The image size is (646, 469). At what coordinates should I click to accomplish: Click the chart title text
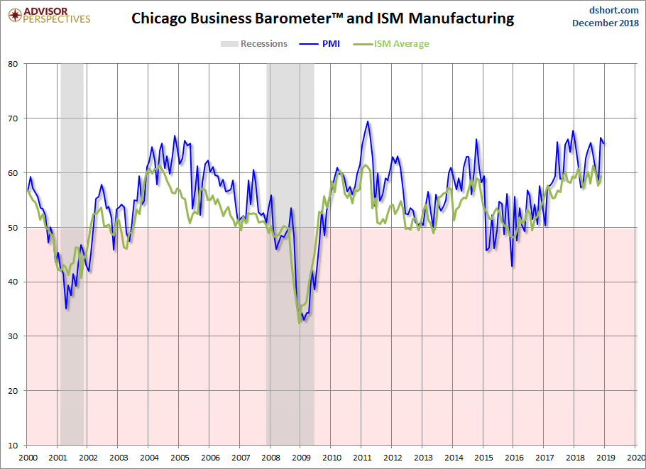click(322, 19)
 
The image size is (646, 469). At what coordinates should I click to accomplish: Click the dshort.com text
click(609, 10)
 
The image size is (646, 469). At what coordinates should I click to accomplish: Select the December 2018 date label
click(605, 23)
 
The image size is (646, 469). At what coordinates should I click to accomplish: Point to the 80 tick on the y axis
click(13, 63)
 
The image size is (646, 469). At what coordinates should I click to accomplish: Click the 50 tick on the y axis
click(13, 227)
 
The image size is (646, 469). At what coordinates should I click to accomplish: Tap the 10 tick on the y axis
click(13, 446)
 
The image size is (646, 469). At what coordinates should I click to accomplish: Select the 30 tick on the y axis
click(13, 336)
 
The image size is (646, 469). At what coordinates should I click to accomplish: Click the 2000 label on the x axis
click(27, 458)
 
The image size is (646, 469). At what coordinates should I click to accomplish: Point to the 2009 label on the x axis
click(300, 458)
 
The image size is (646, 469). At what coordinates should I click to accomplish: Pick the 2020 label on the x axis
click(636, 458)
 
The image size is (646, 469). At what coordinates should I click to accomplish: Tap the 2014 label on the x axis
click(453, 458)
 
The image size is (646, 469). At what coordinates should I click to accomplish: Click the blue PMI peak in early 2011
click(367, 121)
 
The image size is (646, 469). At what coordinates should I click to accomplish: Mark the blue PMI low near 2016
click(512, 266)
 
